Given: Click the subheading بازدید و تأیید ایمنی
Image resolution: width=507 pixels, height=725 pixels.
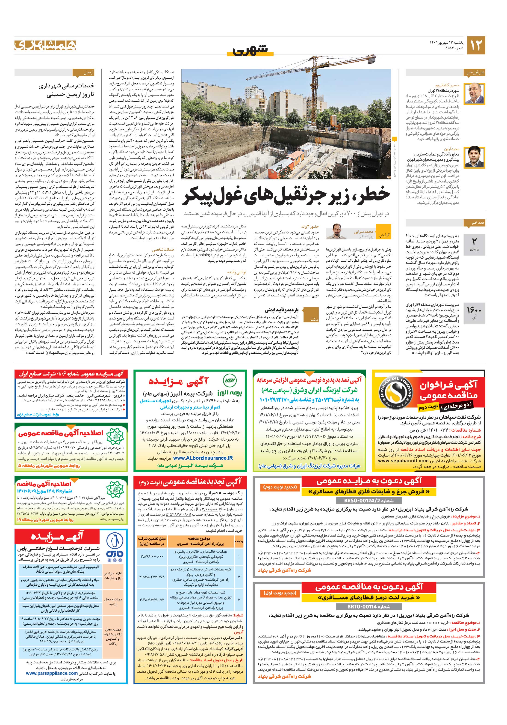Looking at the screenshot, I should [x=286, y=310].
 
